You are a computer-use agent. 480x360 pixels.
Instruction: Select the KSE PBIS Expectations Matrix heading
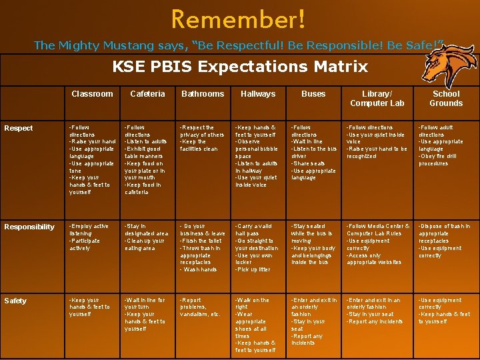(240, 67)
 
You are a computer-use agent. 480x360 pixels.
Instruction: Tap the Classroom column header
(92, 94)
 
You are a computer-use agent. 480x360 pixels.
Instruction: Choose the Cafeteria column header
(147, 94)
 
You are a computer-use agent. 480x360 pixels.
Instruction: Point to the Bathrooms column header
(203, 94)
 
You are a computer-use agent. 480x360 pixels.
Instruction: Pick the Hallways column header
(258, 94)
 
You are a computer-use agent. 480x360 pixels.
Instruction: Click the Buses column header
(313, 94)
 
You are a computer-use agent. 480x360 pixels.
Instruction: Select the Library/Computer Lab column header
(377, 99)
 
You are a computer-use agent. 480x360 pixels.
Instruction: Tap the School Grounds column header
(446, 99)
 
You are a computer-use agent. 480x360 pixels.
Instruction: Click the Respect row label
(19, 128)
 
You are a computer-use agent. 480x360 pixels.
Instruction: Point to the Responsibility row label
(29, 227)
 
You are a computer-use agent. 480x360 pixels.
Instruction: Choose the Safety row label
(16, 301)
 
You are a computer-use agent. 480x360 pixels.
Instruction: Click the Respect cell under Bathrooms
(203, 138)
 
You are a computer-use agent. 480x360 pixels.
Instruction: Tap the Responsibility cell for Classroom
(89, 237)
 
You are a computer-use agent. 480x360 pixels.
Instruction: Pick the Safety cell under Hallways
(257, 325)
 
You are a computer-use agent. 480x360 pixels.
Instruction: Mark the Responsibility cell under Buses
(313, 245)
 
